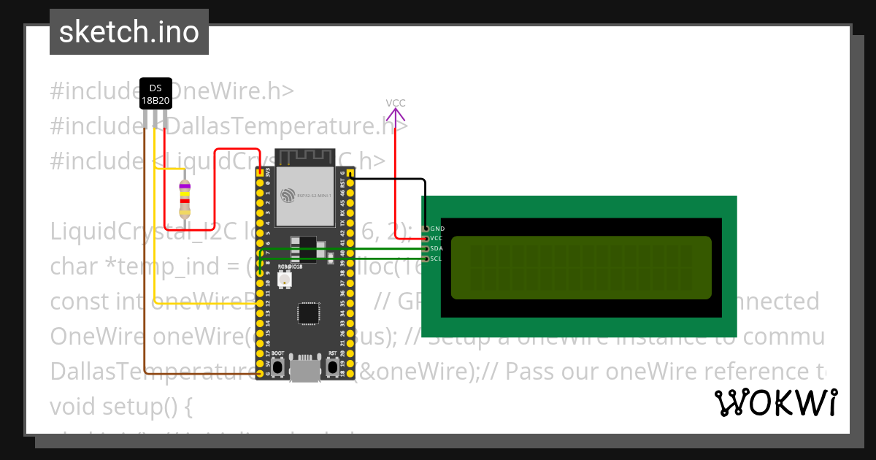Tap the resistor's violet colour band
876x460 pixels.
185,187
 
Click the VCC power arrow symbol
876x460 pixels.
395,115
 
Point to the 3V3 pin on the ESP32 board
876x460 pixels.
260,173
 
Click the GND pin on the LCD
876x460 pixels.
426,229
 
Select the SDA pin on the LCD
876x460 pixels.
426,248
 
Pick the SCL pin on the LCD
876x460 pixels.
426,258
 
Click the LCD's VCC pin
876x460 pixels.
426,238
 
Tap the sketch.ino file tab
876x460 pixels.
129,32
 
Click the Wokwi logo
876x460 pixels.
775,403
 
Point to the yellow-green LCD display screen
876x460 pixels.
581,267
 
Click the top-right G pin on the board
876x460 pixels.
350,173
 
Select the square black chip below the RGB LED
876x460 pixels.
307,313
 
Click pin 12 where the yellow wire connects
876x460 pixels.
260,303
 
